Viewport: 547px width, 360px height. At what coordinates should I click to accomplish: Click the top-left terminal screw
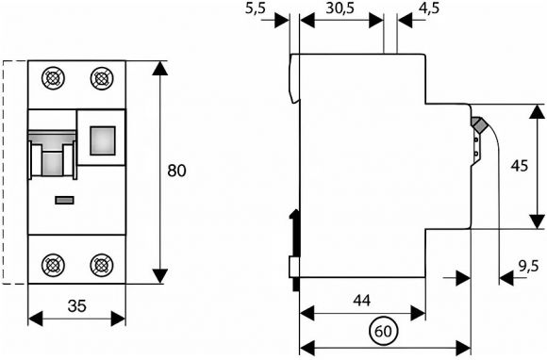click(53, 78)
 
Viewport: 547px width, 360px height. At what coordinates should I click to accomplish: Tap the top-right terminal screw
click(102, 78)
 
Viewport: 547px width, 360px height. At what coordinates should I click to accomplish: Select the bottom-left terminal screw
click(53, 265)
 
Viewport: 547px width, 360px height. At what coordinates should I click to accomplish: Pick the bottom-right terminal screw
click(102, 265)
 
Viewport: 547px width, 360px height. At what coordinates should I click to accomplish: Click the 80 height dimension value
click(177, 171)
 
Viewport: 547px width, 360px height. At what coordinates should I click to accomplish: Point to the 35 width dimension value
click(76, 306)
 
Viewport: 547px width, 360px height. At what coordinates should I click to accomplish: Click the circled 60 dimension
click(383, 331)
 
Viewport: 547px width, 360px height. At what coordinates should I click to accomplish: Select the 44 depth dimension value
click(362, 301)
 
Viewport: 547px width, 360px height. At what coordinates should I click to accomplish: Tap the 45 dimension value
click(520, 166)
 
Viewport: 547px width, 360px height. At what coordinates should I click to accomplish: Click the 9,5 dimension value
click(528, 267)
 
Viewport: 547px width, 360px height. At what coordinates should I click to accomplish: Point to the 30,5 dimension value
click(340, 8)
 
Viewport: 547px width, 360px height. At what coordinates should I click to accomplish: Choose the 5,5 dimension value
click(256, 8)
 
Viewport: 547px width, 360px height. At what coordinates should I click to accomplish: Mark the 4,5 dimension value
click(429, 8)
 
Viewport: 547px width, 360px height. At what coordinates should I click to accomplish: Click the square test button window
click(103, 140)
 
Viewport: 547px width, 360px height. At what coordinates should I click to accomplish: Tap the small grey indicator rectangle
click(64, 200)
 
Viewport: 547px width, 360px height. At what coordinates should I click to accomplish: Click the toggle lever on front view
click(52, 154)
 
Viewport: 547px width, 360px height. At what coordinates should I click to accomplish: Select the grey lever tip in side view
click(479, 124)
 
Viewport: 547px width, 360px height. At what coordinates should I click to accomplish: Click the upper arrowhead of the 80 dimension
click(160, 68)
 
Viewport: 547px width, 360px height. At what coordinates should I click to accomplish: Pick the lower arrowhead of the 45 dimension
click(538, 221)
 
